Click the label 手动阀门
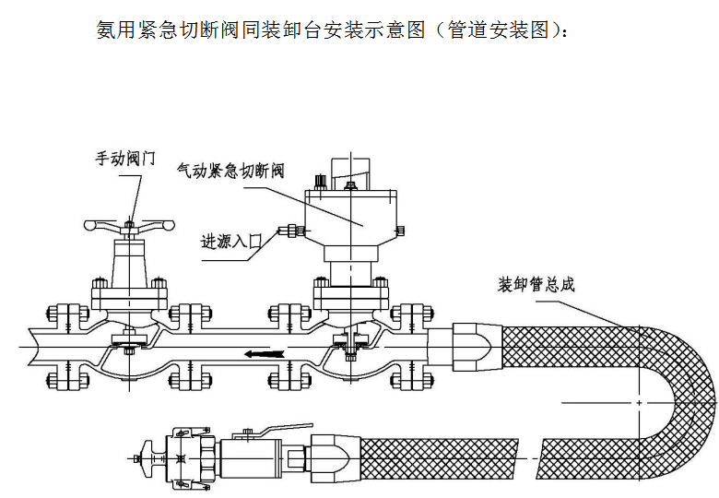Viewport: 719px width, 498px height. tap(124, 158)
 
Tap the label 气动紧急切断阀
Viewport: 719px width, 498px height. tap(230, 172)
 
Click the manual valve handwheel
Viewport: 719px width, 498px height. tap(128, 224)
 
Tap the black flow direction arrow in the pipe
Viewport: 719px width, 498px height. tap(264, 351)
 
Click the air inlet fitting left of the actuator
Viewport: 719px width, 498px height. tap(294, 231)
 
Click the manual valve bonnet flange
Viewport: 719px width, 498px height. tap(129, 297)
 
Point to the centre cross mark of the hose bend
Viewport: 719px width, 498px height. tap(639, 402)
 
